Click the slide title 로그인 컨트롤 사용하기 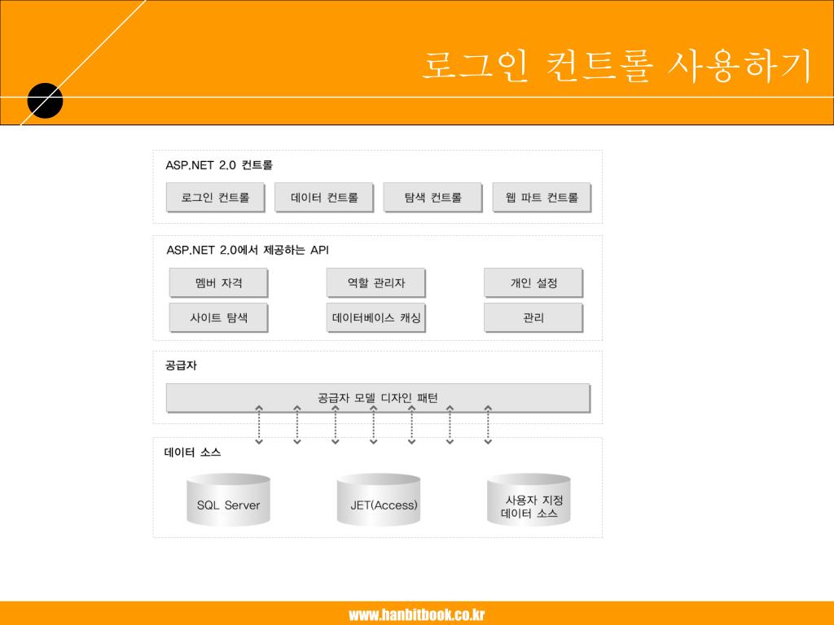617,67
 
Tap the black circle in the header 45,100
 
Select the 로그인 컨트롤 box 216,197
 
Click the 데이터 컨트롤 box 324,197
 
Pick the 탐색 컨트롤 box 432,197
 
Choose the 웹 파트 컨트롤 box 542,197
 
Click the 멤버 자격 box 218,283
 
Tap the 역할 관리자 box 375,283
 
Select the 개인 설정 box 533,283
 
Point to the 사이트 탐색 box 218,317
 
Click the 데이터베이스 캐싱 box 375,317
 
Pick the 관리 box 533,317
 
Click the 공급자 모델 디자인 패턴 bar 378,398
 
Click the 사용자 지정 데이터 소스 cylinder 529,502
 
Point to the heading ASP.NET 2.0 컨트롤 219,165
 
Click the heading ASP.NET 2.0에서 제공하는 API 248,250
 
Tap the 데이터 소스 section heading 192,452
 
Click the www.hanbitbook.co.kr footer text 417,614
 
